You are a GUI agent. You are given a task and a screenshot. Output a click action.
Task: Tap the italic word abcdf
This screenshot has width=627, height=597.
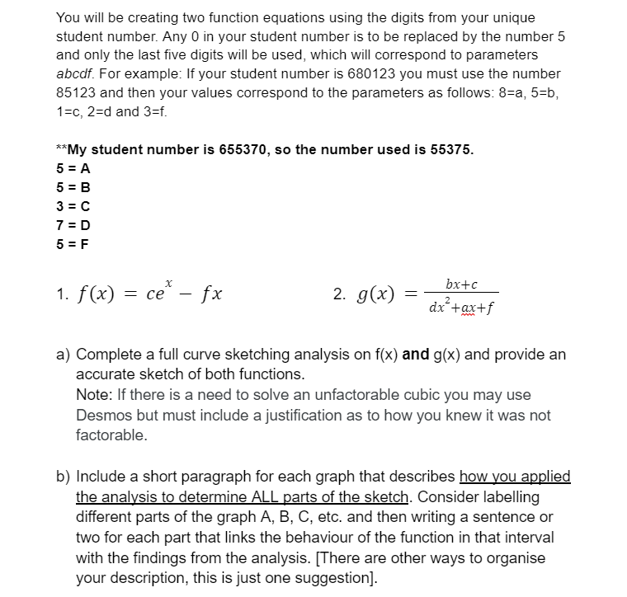coord(76,74)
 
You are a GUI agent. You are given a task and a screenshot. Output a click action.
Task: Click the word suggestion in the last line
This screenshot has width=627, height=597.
coord(337,576)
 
